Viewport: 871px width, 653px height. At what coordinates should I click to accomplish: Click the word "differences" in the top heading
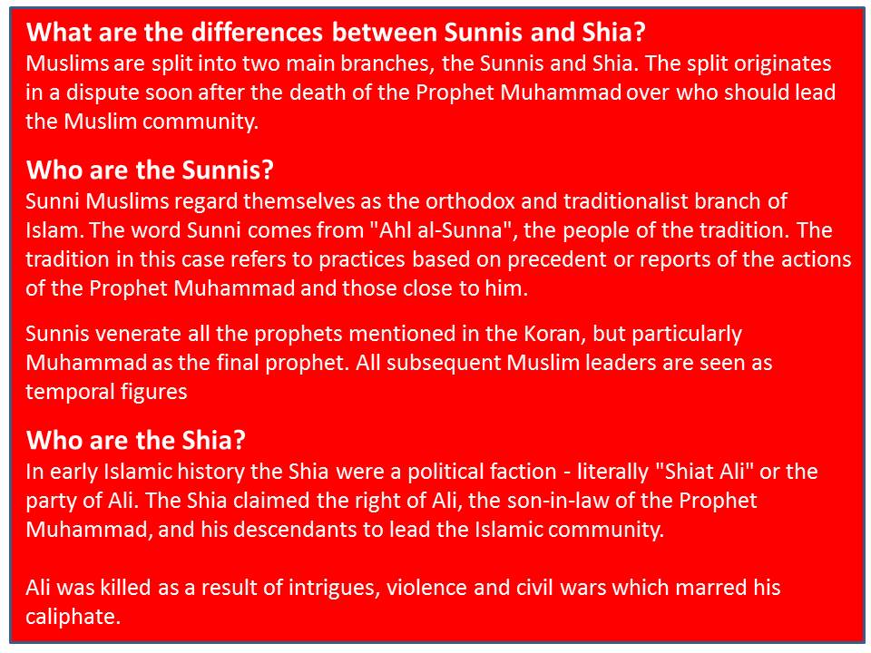257,33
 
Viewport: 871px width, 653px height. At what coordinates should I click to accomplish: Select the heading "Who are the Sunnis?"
150,170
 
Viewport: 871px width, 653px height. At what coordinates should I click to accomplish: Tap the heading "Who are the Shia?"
136,440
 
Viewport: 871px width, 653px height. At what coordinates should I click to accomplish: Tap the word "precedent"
556,260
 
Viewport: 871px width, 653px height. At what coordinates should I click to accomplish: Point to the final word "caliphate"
73,618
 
